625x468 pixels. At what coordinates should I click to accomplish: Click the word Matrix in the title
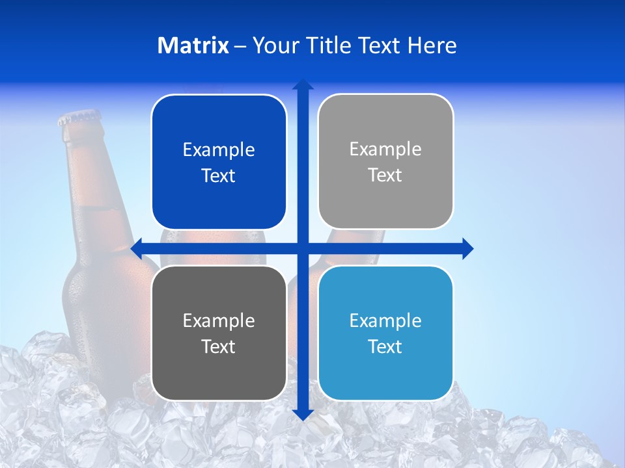tap(193, 45)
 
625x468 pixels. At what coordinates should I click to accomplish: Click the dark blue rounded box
tap(219, 162)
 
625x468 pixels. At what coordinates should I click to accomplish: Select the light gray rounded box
tap(385, 162)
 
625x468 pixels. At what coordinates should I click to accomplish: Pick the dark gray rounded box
tap(219, 333)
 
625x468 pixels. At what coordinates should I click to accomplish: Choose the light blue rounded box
tap(385, 333)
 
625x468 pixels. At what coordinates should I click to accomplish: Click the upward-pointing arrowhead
tap(303, 85)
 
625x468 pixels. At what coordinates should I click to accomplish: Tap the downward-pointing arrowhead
tap(303, 414)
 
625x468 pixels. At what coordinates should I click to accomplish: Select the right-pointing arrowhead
tap(467, 248)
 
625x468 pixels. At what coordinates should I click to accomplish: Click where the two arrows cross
tap(303, 248)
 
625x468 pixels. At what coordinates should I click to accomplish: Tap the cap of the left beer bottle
tap(79, 118)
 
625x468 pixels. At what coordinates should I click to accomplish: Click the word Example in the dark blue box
tap(219, 150)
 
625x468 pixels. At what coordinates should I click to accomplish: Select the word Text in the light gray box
tap(385, 175)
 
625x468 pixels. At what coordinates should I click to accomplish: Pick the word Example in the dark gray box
tap(219, 320)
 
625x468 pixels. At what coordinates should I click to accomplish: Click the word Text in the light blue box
tap(385, 346)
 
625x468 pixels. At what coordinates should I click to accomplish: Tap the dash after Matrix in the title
tap(240, 46)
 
